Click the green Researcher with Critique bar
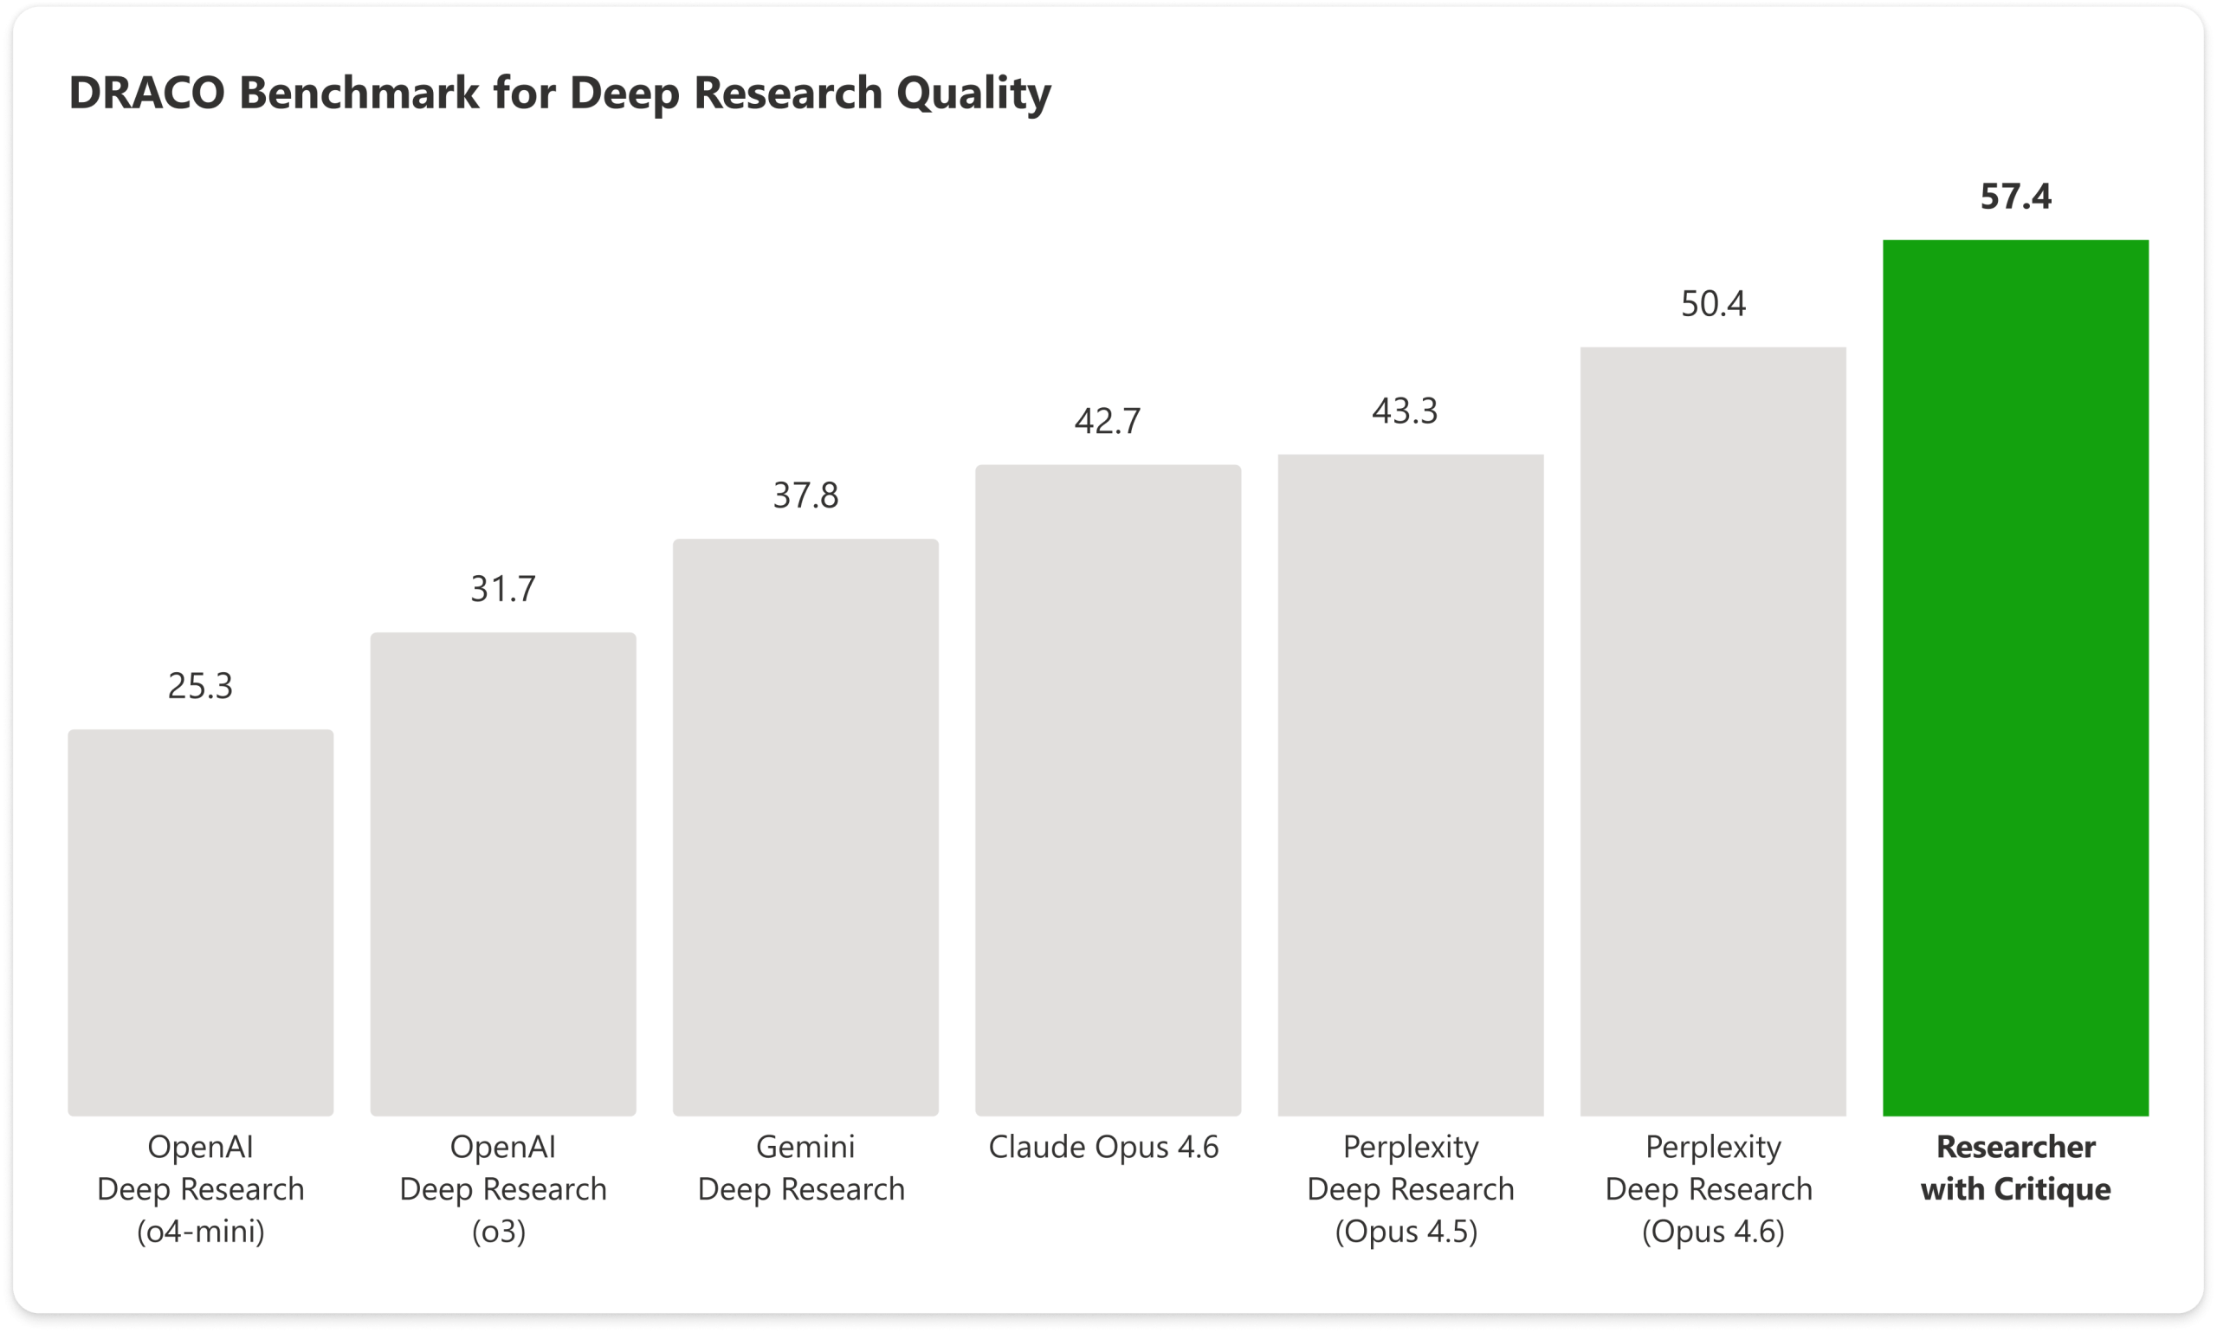(2015, 677)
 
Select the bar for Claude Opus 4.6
(1108, 790)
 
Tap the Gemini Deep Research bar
(805, 826)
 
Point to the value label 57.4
(2015, 197)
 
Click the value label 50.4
(1712, 304)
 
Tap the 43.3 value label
(1405, 411)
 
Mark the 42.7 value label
(1107, 420)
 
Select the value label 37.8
(805, 495)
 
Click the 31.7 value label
(503, 588)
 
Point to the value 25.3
(200, 685)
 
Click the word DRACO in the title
(146, 93)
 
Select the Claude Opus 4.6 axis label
(1103, 1146)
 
